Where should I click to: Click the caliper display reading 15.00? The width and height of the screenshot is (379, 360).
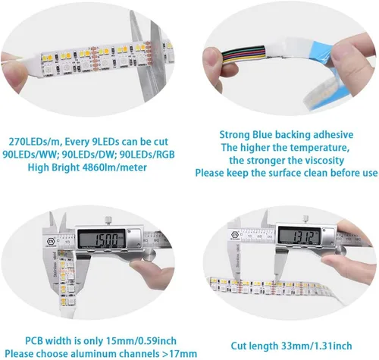click(102, 239)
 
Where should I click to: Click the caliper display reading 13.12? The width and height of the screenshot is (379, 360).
click(299, 236)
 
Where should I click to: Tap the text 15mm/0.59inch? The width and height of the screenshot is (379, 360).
click(141, 341)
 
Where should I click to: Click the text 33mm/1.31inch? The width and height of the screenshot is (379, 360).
click(317, 346)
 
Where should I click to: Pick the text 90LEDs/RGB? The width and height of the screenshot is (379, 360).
click(147, 155)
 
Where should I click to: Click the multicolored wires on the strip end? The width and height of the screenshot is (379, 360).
click(244, 54)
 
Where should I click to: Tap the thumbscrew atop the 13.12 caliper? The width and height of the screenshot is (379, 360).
click(305, 218)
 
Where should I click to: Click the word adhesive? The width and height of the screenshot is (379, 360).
click(334, 135)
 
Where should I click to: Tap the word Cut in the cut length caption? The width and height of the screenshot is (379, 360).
click(239, 346)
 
